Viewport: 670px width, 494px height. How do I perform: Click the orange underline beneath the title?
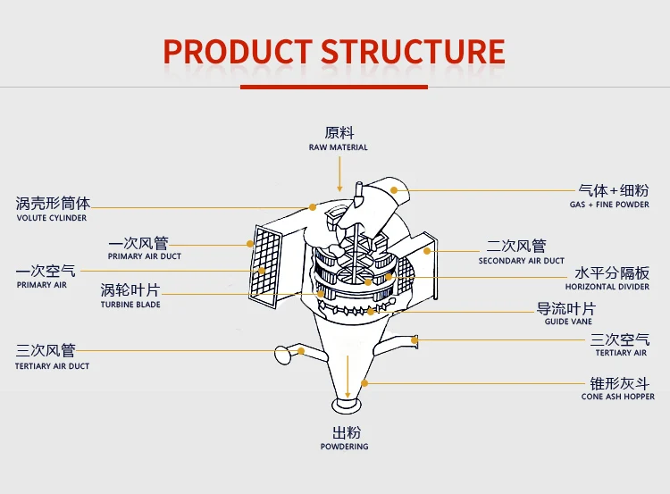(x=334, y=86)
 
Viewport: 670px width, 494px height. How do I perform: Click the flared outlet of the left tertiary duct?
(x=283, y=355)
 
